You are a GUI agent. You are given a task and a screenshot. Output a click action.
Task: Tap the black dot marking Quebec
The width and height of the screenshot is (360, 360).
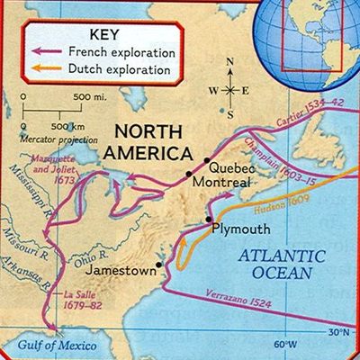[x=190, y=172]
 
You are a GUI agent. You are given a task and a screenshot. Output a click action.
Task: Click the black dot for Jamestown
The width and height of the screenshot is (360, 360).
[x=159, y=265]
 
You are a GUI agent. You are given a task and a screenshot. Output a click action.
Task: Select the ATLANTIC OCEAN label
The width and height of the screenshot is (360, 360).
[x=285, y=261]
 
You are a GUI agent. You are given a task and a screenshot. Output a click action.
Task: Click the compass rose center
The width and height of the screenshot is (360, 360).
[x=231, y=90]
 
